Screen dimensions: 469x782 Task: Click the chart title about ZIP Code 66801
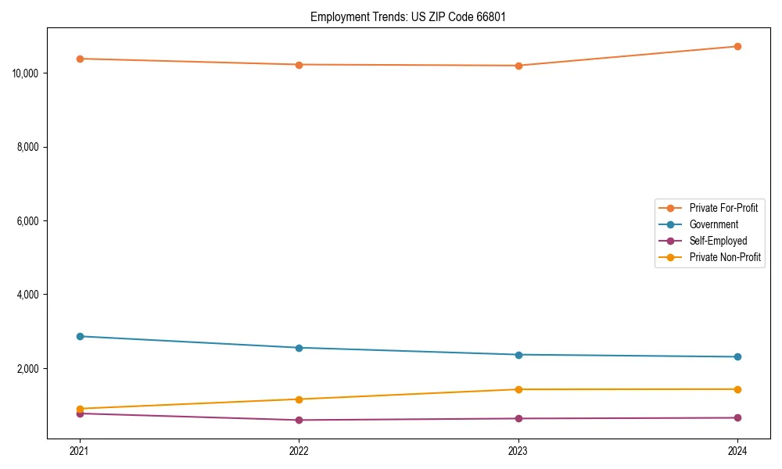[x=407, y=16]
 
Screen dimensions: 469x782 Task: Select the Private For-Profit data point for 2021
[x=80, y=59]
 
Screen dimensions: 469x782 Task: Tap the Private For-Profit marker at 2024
[x=737, y=46]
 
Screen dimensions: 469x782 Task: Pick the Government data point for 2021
[x=80, y=336]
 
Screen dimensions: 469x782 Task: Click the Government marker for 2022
[x=299, y=348]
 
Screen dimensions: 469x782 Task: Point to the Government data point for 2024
[x=737, y=356]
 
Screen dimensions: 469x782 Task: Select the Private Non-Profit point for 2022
[x=299, y=399]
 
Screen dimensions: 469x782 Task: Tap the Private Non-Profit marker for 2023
[x=518, y=389]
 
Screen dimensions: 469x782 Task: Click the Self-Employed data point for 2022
[x=299, y=420]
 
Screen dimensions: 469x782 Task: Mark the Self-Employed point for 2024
[x=737, y=417]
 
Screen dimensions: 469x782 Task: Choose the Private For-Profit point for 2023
[x=518, y=66]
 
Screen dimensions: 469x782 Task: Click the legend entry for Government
[x=713, y=224]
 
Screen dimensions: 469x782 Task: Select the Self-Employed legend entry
[x=718, y=241]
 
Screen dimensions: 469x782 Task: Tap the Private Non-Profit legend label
[x=725, y=257]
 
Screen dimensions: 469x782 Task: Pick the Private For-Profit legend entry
[x=723, y=208]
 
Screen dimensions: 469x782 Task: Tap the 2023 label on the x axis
[x=518, y=450]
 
